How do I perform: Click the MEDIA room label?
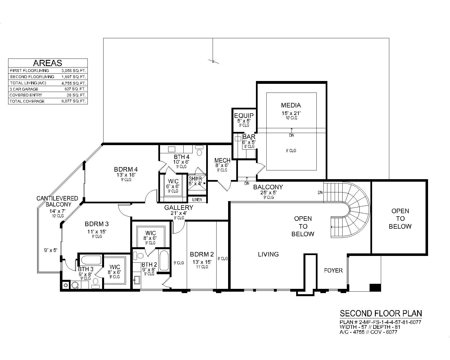click(291, 105)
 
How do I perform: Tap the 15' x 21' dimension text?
click(291, 113)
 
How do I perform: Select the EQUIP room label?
click(244, 116)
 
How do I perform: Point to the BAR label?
click(249, 137)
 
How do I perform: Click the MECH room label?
click(222, 161)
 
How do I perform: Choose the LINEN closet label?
click(197, 200)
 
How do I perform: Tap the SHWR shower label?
click(195, 179)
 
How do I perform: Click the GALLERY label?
click(179, 208)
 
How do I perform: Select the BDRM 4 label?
click(126, 169)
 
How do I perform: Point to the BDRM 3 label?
click(96, 224)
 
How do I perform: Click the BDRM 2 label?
click(202, 254)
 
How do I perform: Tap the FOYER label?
click(333, 271)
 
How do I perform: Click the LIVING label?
click(268, 254)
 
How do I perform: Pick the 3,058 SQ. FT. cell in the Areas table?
click(74, 71)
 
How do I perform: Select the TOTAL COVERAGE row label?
click(27, 101)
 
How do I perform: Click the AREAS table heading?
click(48, 63)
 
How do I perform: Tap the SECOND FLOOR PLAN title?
click(381, 313)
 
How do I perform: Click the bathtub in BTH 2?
click(164, 260)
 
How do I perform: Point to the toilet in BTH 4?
click(199, 151)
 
